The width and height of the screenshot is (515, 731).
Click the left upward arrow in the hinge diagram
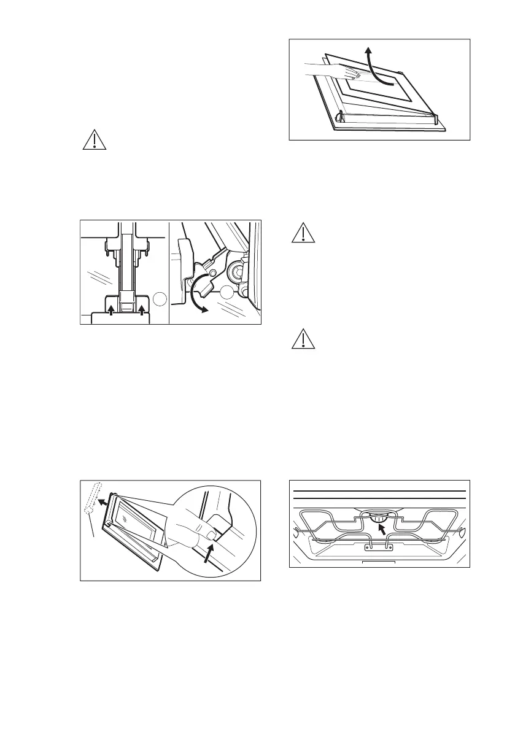point(110,304)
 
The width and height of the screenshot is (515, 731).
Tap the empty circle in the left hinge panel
point(159,300)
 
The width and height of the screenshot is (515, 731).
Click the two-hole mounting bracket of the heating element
point(377,546)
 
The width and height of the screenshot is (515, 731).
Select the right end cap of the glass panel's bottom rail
point(436,115)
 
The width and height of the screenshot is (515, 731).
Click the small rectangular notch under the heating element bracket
point(377,561)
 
